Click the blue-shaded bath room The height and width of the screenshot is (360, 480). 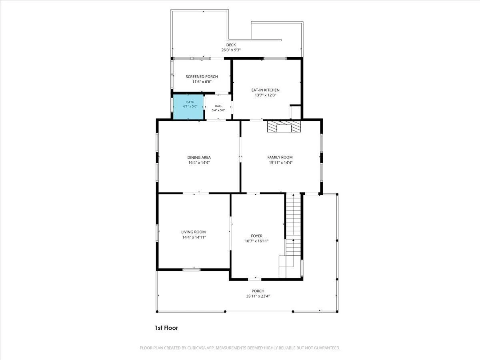[188, 107]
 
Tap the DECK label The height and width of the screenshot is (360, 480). [231, 45]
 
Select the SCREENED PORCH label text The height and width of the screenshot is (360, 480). [202, 76]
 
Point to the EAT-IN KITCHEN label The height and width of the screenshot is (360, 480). [265, 90]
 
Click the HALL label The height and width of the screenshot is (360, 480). [218, 106]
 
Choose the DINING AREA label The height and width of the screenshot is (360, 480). [199, 157]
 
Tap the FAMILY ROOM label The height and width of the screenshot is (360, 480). [280, 157]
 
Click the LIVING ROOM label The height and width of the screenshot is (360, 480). [193, 232]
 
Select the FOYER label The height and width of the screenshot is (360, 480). [256, 236]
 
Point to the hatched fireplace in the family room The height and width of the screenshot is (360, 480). [284, 127]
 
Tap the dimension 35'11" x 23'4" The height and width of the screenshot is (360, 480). [258, 296]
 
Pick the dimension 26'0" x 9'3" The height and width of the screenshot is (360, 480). [231, 50]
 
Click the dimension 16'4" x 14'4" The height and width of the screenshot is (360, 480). [199, 163]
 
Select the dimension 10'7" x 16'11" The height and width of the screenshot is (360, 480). [256, 241]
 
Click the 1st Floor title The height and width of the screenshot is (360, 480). [166, 328]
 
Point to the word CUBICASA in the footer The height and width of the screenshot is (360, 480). [196, 348]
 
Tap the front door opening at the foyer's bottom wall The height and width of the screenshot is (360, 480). [254, 279]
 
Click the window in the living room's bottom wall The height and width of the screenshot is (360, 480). [191, 270]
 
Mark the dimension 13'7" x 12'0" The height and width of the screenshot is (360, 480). [265, 95]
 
